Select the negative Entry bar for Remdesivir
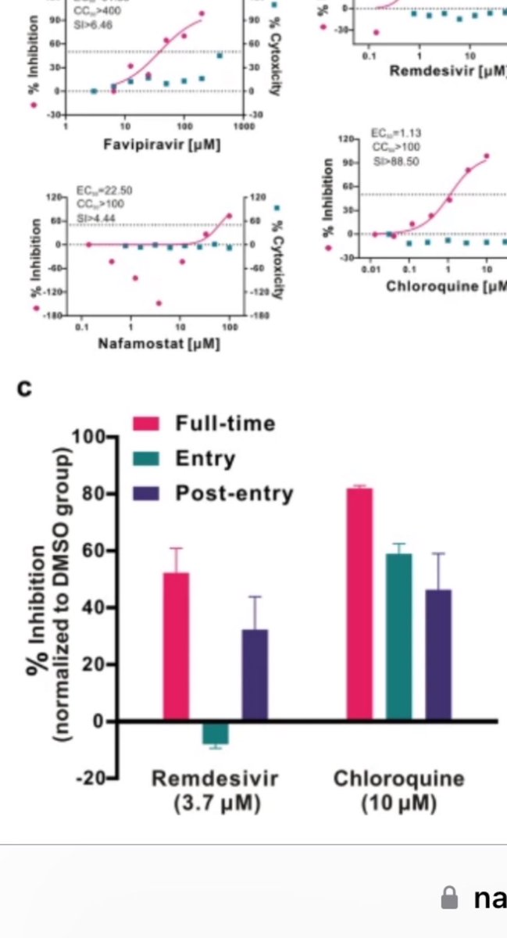[x=215, y=733]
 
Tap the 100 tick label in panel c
[x=87, y=436]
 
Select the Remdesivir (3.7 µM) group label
[x=215, y=791]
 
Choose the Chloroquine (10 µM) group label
[x=398, y=791]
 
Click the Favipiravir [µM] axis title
[x=161, y=145]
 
